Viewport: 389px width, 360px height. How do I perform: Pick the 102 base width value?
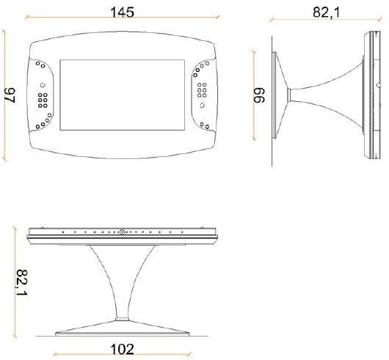tap(122, 349)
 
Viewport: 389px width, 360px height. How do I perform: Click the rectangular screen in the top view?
tap(124, 98)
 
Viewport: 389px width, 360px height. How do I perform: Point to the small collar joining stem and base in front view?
tap(123, 318)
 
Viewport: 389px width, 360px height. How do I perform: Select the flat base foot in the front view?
tap(123, 328)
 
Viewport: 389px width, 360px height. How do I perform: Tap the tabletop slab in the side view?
tap(368, 96)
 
